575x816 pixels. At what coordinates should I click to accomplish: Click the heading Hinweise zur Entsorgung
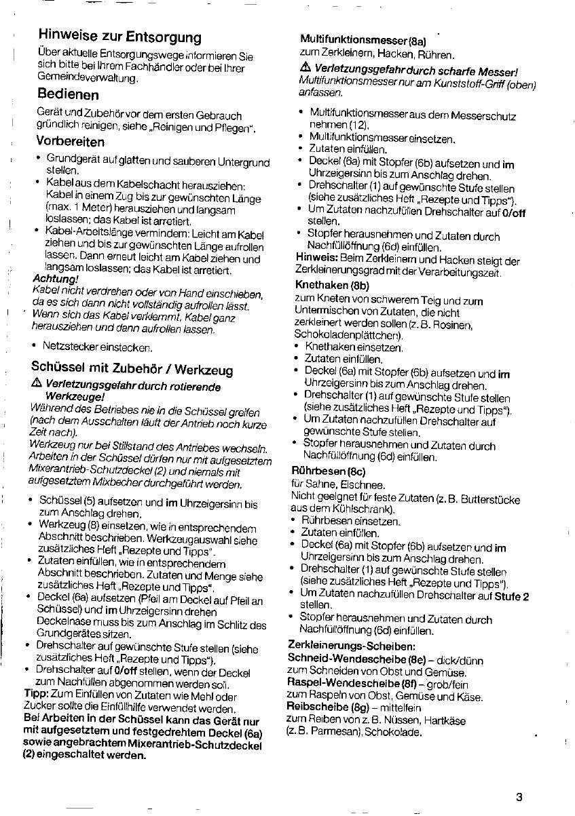coord(119,35)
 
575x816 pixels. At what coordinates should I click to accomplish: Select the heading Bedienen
coord(69,94)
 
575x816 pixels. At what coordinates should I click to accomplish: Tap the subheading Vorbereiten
coord(71,142)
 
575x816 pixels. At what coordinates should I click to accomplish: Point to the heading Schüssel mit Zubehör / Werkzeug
coord(132,369)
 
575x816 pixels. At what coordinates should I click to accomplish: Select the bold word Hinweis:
coord(317,260)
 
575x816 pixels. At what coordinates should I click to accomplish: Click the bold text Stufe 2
coord(512,596)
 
